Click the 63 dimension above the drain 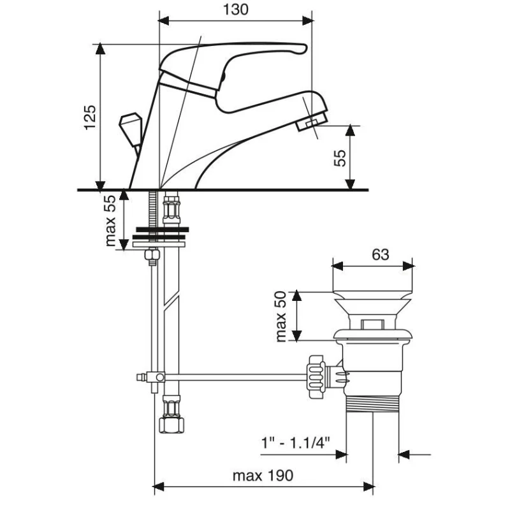[380, 254]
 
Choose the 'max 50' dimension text [282, 316]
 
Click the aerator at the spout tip [313, 122]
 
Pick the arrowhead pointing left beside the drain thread [404, 455]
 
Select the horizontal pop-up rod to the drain [236, 377]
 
